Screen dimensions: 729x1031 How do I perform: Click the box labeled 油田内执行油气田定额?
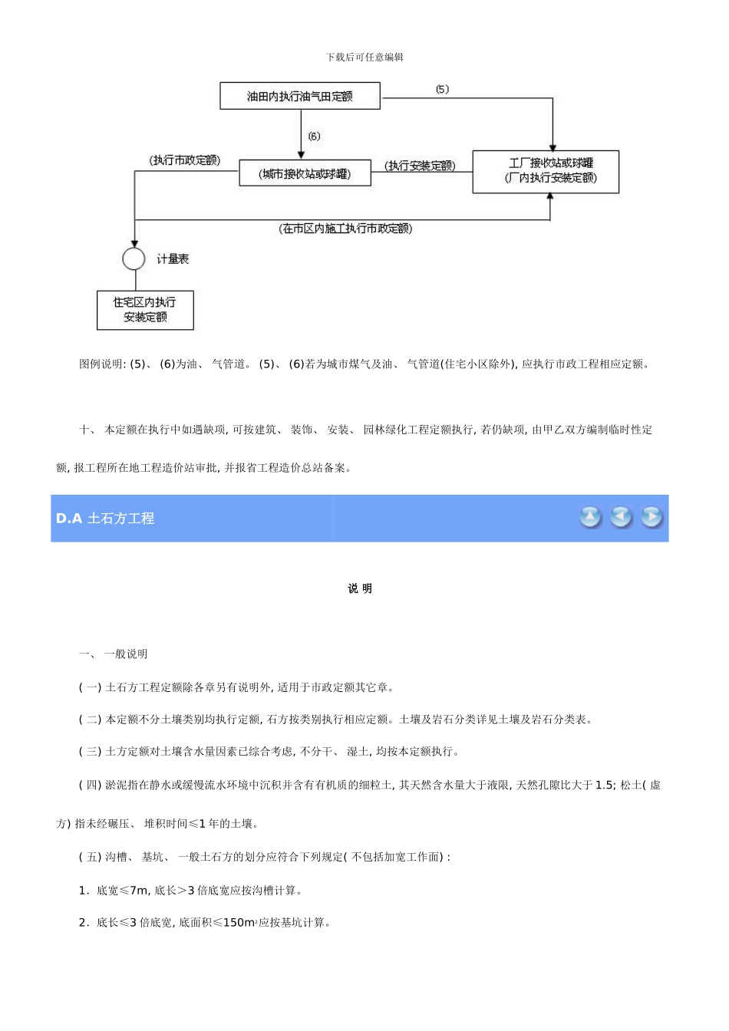300,97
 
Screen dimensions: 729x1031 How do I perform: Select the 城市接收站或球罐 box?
305,173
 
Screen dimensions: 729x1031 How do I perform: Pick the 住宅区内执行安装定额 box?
145,310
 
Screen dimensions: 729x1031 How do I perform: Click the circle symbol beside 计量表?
134,259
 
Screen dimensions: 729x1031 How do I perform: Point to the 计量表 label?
173,259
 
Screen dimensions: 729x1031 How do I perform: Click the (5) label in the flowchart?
442,89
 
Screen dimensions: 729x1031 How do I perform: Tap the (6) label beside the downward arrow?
314,137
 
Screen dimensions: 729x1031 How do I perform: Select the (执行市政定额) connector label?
185,160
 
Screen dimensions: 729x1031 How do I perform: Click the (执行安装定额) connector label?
420,166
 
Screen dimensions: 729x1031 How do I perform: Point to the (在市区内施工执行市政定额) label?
345,229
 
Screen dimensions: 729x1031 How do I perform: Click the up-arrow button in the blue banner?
590,518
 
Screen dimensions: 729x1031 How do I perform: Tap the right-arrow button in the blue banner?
651,518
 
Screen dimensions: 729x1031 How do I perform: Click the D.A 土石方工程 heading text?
105,519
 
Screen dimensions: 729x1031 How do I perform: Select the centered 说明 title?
360,588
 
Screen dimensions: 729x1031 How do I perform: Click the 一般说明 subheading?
126,654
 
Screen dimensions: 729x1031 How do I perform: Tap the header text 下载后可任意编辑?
364,57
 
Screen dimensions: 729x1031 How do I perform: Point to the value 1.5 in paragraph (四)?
605,785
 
